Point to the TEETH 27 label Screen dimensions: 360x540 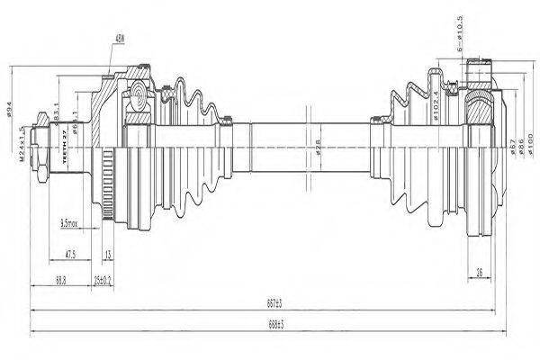(x=65, y=145)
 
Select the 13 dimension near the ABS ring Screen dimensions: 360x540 (x=108, y=255)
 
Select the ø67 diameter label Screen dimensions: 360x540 (x=510, y=146)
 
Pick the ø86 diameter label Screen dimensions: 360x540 (x=521, y=146)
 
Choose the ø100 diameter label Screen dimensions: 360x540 (x=531, y=144)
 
